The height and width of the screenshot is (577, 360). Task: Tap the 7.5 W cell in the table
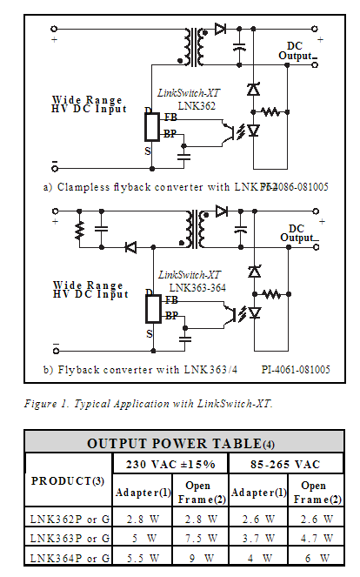tap(200, 537)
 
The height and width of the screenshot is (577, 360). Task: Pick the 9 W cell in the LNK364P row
tap(200, 557)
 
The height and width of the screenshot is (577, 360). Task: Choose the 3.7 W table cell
tap(258, 537)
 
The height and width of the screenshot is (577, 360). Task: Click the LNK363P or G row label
tap(70, 537)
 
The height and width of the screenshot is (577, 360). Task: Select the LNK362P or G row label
tap(70, 519)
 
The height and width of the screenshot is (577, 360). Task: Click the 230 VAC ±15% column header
tap(171, 462)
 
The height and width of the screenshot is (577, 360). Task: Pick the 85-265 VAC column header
tap(288, 462)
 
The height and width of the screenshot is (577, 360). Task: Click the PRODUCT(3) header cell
tap(70, 481)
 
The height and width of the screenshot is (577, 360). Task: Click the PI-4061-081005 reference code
tap(296, 369)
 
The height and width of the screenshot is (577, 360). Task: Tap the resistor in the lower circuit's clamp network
tap(80, 232)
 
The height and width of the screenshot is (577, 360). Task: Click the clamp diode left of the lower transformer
tap(130, 247)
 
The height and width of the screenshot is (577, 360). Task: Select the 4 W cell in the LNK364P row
tap(258, 557)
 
